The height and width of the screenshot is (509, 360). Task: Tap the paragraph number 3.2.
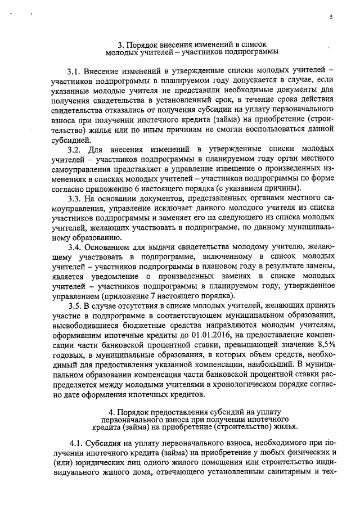click(x=74, y=150)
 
